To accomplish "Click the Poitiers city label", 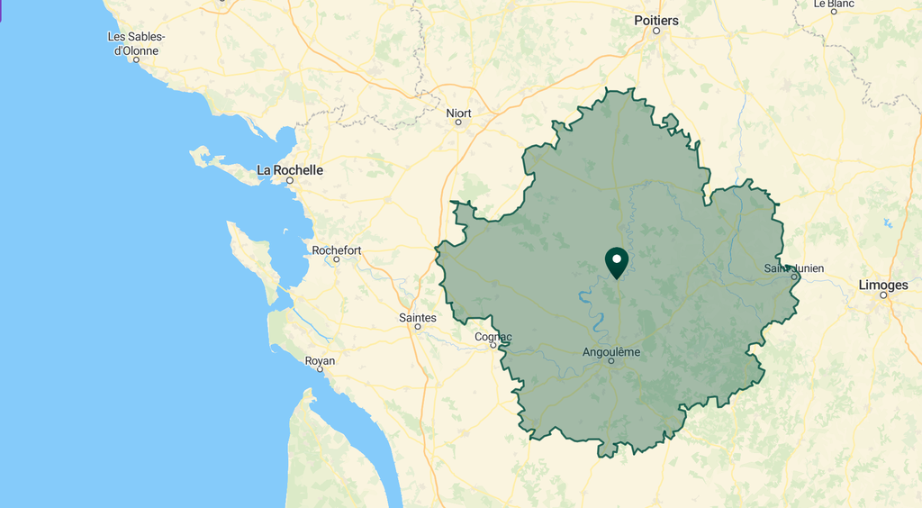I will pos(655,20).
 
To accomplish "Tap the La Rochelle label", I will pos(290,169).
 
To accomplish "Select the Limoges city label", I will pos(883,285).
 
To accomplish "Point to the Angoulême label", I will pos(611,351).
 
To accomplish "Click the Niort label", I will pos(458,113).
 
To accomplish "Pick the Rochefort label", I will pos(337,249).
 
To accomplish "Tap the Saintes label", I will pos(418,317).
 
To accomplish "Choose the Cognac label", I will pos(493,337).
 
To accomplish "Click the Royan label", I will pos(320,360).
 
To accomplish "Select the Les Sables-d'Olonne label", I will pos(136,43).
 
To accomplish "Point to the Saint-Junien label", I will pos(793,268).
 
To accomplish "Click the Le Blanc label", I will pos(833,4).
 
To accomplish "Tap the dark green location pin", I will pos(617,262).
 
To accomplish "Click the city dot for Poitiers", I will pos(656,31).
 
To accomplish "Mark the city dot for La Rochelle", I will pos(290,180).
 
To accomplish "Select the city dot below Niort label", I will pos(458,122).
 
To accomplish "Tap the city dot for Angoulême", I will pos(611,361).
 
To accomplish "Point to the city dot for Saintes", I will pos(418,326).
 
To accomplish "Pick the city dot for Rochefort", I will pos(337,259).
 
